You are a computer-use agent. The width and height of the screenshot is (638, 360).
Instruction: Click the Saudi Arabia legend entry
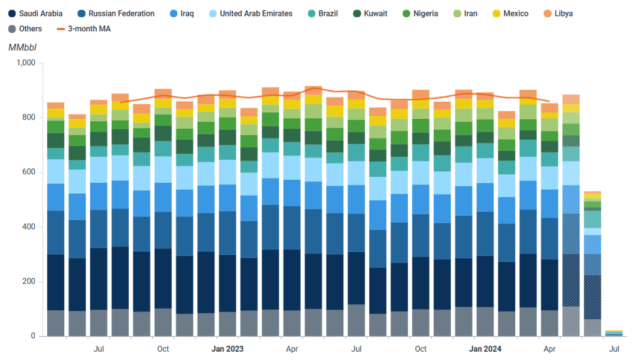tap(36, 14)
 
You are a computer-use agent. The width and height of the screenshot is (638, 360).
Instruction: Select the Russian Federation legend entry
tap(116, 14)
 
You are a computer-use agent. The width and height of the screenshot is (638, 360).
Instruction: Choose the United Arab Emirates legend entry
tap(250, 14)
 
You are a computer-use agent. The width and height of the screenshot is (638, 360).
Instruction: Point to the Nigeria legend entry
tap(420, 14)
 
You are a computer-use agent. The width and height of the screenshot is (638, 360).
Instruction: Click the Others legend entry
tap(25, 28)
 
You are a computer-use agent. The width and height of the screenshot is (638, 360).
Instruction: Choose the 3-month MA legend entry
tap(83, 28)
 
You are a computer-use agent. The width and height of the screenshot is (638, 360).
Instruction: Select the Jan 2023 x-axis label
tap(227, 349)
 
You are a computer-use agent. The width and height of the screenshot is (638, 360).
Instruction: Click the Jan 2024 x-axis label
tap(485, 349)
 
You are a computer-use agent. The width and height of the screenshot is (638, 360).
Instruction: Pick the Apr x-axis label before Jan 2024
tap(292, 349)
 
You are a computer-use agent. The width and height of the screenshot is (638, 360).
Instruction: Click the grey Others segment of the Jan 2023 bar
tap(227, 324)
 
